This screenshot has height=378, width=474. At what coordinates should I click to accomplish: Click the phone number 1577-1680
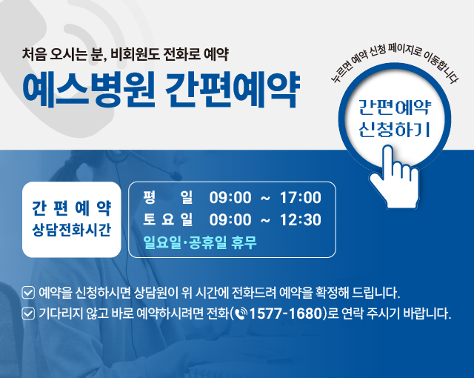[x=287, y=314]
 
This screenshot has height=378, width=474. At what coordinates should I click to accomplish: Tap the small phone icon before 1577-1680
[x=241, y=314]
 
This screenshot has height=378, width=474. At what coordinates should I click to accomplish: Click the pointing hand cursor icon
[x=395, y=176]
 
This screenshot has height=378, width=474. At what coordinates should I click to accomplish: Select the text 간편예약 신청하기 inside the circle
[x=395, y=119]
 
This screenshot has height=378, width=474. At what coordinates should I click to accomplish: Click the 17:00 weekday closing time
[x=301, y=197]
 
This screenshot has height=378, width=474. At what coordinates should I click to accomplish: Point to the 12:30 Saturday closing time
[x=301, y=220]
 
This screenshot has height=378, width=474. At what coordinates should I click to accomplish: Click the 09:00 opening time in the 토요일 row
[x=230, y=220]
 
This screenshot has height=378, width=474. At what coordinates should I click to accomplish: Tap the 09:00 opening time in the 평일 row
[x=230, y=197]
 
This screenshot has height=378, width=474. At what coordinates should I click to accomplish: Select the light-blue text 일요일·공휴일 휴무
[x=200, y=242]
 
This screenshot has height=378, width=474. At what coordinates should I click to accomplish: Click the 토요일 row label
[x=168, y=219]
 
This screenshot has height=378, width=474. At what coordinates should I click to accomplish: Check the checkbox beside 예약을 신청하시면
[x=28, y=293]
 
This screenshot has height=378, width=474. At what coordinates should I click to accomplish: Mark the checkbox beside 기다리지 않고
[x=28, y=314]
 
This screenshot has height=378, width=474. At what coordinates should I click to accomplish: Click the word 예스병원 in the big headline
[x=89, y=90]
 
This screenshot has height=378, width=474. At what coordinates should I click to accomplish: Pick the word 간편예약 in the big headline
[x=232, y=90]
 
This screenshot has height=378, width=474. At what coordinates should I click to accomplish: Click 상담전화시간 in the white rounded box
[x=72, y=230]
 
